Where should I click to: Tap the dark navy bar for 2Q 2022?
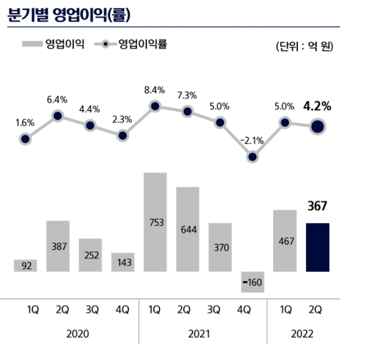318,247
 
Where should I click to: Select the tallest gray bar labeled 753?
155,222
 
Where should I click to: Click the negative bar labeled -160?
253,282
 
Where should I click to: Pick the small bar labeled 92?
26,266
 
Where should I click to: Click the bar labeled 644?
187,229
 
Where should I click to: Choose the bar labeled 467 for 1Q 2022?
285,241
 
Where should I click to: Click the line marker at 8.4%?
155,106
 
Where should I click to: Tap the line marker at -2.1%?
253,157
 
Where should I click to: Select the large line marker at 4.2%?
318,127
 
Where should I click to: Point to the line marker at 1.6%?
26,140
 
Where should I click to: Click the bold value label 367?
318,207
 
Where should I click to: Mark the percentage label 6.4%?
57,100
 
